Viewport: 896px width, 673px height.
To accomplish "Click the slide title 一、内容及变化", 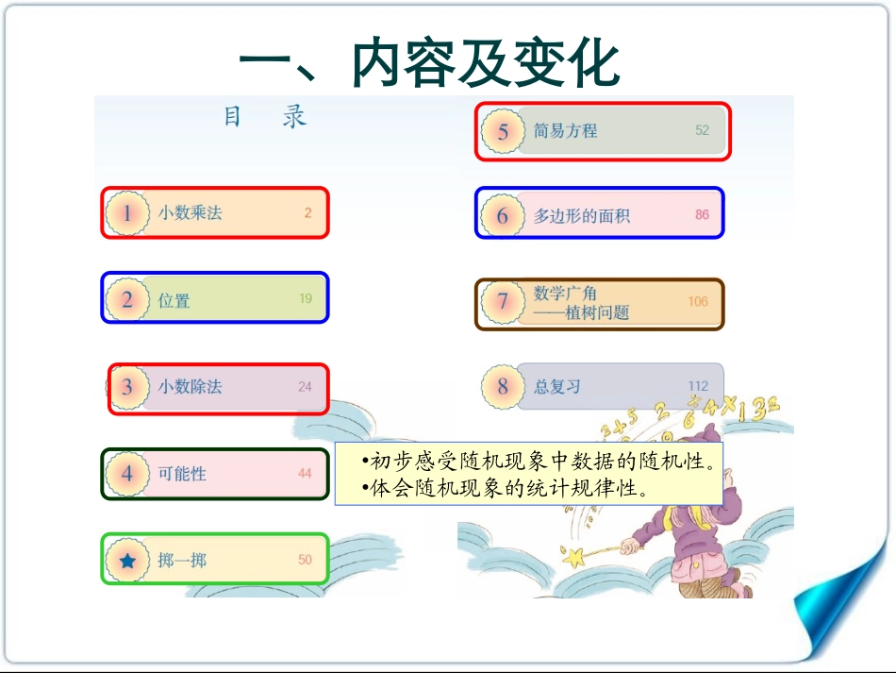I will coord(429,64).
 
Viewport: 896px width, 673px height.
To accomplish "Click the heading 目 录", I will coord(265,118).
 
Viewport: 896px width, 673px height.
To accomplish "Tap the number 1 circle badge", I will coord(127,213).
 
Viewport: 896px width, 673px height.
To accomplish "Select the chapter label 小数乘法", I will coord(190,213).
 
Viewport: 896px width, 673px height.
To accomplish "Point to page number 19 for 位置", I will coord(306,299).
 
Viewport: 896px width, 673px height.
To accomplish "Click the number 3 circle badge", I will coord(127,386).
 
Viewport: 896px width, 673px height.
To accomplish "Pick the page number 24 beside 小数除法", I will coord(305,386).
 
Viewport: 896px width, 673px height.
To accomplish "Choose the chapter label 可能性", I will coord(182,474).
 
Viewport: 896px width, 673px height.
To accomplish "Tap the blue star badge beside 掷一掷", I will coord(127,560).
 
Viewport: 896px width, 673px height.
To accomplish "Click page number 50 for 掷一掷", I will coord(305,560).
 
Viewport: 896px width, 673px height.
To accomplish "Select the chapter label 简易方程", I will coord(565,131).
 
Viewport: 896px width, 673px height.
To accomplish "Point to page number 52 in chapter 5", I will coord(702,130).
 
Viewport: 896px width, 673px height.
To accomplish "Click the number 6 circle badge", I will coord(502,216).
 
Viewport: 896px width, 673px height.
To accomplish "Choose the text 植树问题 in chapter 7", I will coord(597,312).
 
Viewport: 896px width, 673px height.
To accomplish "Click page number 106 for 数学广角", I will coord(697,302).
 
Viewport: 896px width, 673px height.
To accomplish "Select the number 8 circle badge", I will coord(502,387).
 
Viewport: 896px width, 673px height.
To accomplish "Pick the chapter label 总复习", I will coord(557,387).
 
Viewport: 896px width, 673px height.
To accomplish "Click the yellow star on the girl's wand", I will coord(573,558).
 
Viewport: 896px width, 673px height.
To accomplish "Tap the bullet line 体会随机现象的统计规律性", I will coord(507,489).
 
